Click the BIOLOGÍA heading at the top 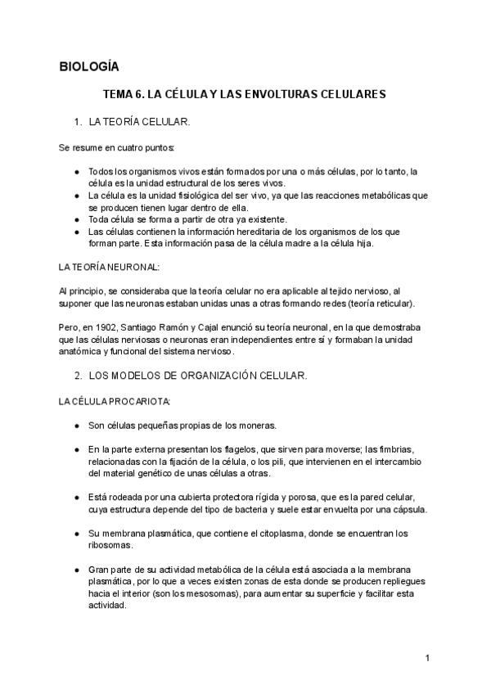90,66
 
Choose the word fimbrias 395,450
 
